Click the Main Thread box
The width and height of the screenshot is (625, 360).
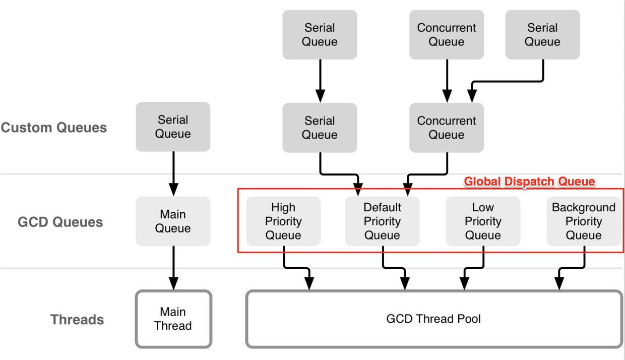click(173, 319)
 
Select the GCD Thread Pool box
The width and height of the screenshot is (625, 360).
click(433, 319)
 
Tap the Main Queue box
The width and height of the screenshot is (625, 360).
click(173, 221)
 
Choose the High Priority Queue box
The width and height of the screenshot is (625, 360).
click(283, 221)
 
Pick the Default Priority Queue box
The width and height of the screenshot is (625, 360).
click(382, 221)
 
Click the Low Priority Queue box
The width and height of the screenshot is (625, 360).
click(483, 221)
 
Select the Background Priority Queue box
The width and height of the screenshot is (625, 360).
click(584, 221)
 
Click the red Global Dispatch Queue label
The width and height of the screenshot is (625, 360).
click(529, 182)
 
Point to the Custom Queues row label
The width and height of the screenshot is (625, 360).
click(54, 128)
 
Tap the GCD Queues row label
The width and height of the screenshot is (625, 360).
click(60, 222)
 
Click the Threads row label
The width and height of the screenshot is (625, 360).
click(77, 319)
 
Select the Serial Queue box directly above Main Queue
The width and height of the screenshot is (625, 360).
click(173, 127)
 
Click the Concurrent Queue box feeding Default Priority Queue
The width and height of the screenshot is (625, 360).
click(447, 128)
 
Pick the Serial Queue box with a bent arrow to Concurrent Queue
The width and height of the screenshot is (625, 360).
click(542, 35)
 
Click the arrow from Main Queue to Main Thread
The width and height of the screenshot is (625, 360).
click(173, 267)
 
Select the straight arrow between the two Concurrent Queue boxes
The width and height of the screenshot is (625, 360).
click(447, 81)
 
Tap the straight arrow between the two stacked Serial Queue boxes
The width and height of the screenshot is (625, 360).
click(320, 81)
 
